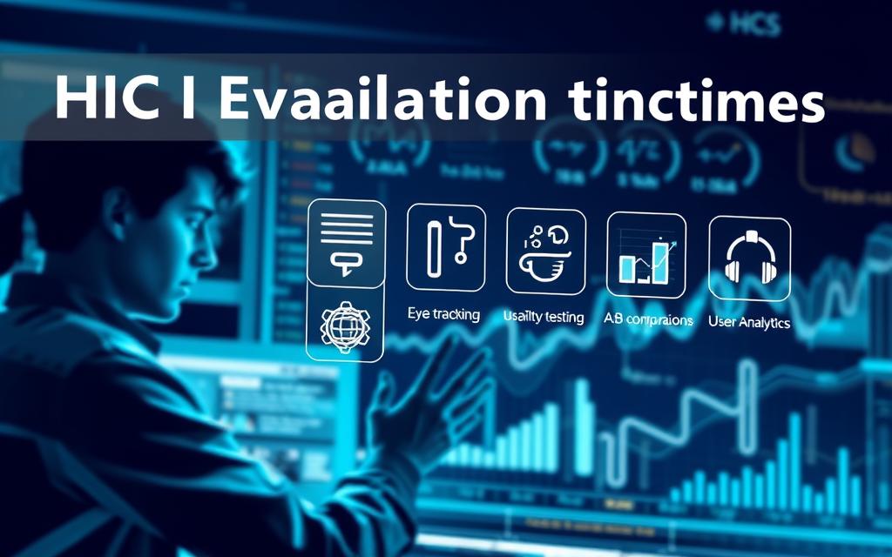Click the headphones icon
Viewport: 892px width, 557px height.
[749, 258]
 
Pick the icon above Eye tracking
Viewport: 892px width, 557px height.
[445, 246]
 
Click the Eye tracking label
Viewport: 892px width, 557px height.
[443, 314]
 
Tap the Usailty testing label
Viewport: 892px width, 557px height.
[544, 317]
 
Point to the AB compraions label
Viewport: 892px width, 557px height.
[648, 319]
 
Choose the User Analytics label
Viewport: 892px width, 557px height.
[749, 322]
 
